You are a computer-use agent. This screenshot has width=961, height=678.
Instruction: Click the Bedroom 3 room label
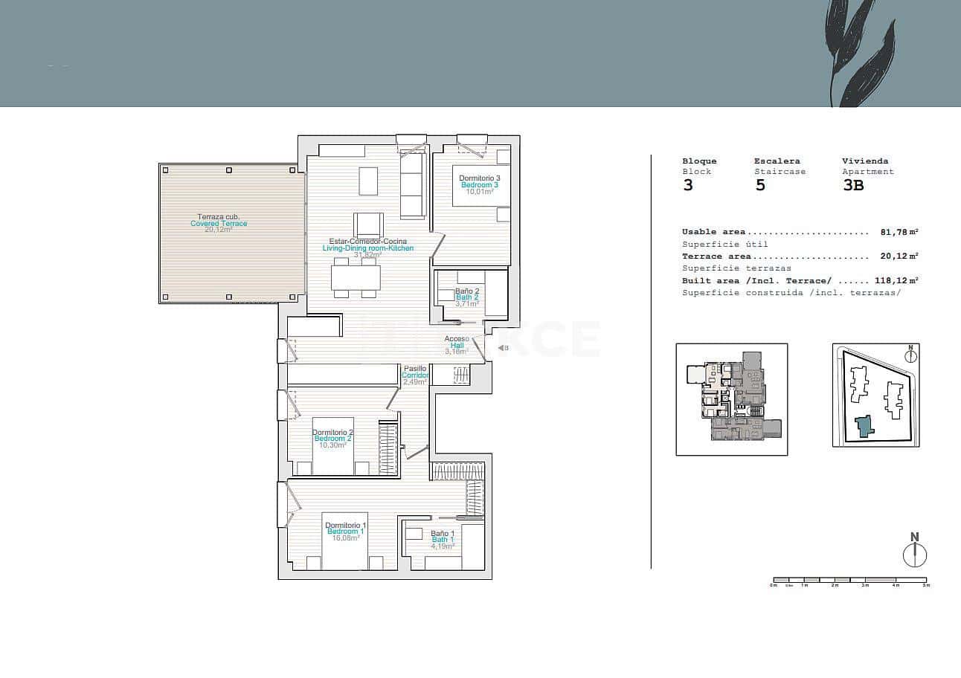coord(480,184)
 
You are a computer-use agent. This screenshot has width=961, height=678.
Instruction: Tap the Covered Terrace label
coord(219,223)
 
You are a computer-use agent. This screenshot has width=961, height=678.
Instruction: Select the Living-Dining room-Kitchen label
coord(367,248)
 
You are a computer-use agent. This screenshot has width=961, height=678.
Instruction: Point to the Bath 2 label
coord(467,297)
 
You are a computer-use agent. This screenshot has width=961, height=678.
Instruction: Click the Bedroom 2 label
coord(332,439)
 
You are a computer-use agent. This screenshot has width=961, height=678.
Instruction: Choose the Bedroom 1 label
coord(345,532)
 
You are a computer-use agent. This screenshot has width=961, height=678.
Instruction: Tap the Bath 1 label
coord(443,540)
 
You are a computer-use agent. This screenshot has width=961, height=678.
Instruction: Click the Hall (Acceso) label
coord(457,345)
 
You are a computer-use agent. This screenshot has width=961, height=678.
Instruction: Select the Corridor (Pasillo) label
coord(415,375)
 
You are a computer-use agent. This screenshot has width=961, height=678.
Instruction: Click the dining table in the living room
coord(356,278)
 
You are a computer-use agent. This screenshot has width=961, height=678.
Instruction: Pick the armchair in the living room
coord(368,225)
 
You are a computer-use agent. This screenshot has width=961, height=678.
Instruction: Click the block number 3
coord(688,185)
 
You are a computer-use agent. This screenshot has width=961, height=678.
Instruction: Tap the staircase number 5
coord(760,185)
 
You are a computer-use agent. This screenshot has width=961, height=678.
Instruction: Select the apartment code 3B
coord(853,185)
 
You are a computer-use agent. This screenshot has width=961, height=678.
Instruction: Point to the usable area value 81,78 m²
coord(897,232)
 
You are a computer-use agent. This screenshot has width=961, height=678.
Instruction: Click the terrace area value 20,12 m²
coord(897,256)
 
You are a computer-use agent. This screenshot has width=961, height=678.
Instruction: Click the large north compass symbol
coord(915,555)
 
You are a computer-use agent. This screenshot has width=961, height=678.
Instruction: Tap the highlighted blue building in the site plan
coord(864,426)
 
